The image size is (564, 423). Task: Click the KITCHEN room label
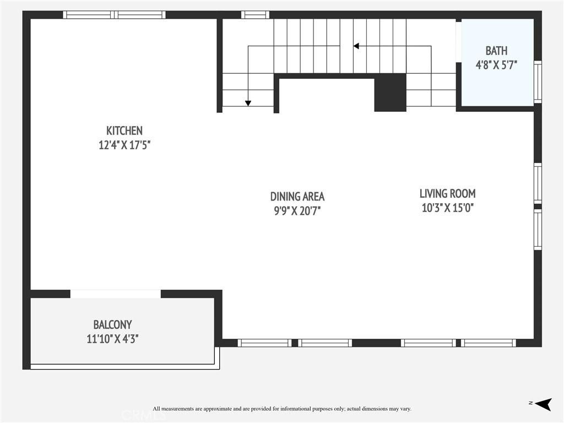click(x=124, y=131)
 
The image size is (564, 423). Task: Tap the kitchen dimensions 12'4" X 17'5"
click(x=124, y=145)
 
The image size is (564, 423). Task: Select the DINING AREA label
click(x=297, y=197)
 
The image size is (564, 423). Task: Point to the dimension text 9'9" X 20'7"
click(x=297, y=211)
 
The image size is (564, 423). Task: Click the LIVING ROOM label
click(x=447, y=193)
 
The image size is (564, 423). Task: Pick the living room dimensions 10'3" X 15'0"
click(x=447, y=208)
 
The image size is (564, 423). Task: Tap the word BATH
click(x=496, y=51)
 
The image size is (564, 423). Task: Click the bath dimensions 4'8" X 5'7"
click(x=496, y=65)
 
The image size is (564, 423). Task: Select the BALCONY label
click(x=112, y=325)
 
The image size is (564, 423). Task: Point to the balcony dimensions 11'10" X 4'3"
click(x=112, y=339)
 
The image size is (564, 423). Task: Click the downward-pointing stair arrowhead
click(x=248, y=103)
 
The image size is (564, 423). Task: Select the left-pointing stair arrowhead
click(x=356, y=46)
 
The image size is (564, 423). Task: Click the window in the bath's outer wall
click(x=538, y=82)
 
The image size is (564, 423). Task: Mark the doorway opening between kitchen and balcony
click(x=116, y=294)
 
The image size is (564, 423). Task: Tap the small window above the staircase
click(x=255, y=15)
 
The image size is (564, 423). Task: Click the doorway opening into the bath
click(x=459, y=42)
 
